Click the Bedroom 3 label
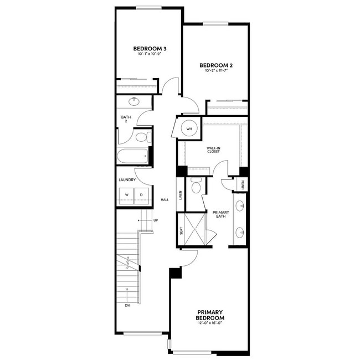coord(150,49)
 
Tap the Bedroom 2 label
coord(216,65)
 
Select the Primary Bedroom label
coord(210,315)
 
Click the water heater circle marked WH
coord(189,128)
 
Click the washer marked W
coord(126,195)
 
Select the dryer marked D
coord(141,195)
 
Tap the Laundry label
coord(127,180)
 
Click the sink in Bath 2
coord(135,101)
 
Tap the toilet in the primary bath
coord(196,187)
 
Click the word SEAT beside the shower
coord(182,230)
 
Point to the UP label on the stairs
coord(156,220)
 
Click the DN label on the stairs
coord(127,304)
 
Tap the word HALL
coord(164,199)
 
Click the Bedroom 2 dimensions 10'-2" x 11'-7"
coord(216,71)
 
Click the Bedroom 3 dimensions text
coord(150,54)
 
